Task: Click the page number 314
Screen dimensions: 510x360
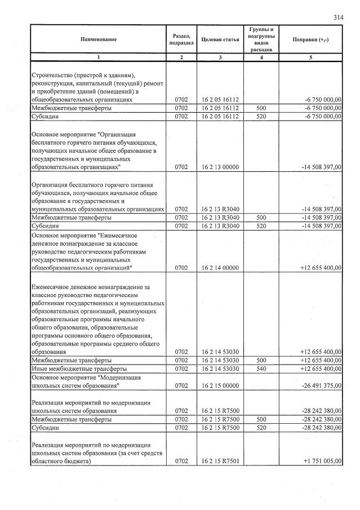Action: click(338, 17)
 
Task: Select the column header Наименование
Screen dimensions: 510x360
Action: click(98, 39)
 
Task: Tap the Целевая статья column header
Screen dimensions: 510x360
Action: click(220, 39)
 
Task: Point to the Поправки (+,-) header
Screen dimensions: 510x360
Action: click(310, 39)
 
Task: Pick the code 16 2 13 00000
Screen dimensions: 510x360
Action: click(220, 167)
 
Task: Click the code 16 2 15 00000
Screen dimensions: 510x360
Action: click(220, 386)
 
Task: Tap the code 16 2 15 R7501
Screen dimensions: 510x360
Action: click(220, 460)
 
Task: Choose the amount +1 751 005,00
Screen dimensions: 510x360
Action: click(321, 460)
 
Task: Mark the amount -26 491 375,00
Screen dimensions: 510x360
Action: click(319, 386)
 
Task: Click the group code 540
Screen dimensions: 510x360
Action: click(260, 369)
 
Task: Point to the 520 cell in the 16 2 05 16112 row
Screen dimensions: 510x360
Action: click(260, 116)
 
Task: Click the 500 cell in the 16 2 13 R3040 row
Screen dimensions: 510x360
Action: click(260, 217)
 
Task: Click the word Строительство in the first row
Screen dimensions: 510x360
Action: click(55, 75)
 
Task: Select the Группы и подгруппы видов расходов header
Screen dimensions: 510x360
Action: click(260, 39)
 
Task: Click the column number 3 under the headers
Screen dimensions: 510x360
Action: click(220, 57)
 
